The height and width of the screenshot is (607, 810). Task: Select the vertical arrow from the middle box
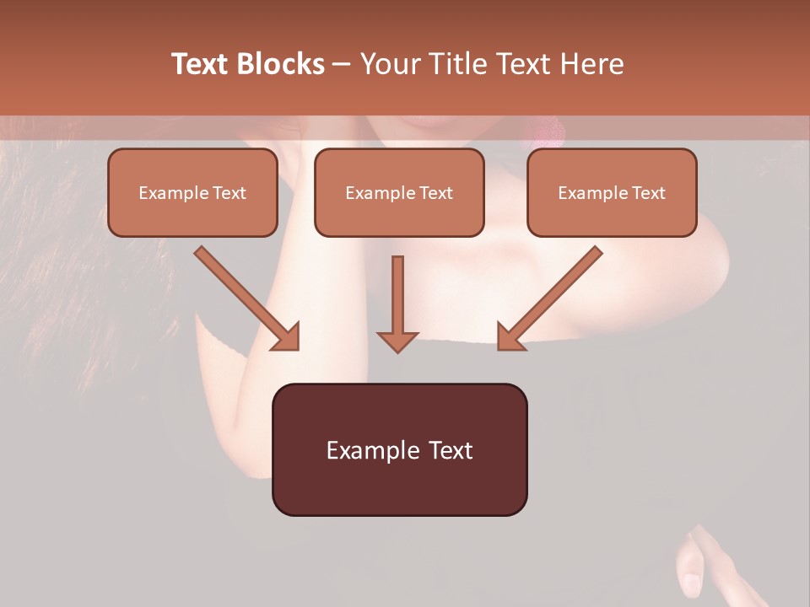click(397, 295)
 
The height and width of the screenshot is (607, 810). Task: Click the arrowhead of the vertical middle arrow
click(397, 341)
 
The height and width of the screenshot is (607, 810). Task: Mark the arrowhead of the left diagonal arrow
click(287, 336)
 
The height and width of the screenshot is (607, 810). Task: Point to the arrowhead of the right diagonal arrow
click(510, 336)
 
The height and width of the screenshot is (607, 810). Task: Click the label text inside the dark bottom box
click(399, 450)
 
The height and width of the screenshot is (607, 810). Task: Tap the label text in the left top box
click(192, 193)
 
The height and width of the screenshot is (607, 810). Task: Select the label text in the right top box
click(612, 193)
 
